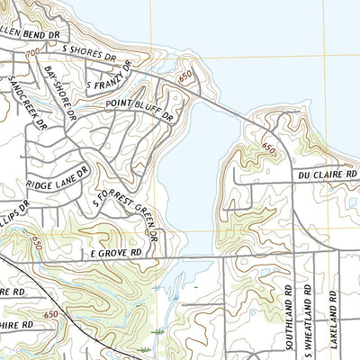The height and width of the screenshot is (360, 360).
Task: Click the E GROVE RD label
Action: click(x=116, y=255)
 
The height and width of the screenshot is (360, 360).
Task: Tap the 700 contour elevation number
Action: click(x=33, y=56)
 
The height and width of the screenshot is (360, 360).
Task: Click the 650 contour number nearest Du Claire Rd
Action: click(x=269, y=147)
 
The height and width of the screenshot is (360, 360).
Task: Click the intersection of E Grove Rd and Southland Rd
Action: click(x=290, y=255)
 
